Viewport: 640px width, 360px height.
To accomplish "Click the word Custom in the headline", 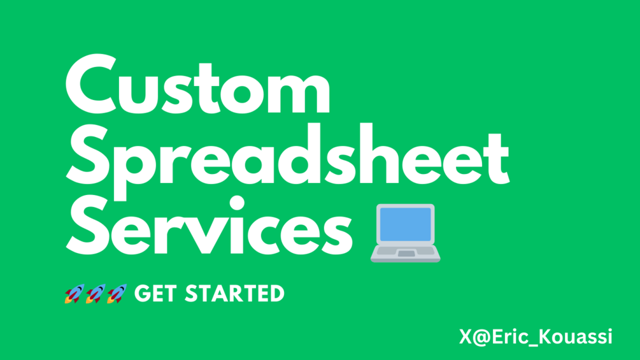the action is [x=198, y=85].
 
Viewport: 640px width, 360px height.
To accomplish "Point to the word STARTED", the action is [x=235, y=294].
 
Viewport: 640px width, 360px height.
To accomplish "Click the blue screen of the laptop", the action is [x=405, y=224].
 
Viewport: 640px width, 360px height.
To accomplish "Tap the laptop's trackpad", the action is [x=406, y=254].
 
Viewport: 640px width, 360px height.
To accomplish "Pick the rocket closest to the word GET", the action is [x=117, y=294].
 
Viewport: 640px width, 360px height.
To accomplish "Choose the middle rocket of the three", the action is [x=96, y=294].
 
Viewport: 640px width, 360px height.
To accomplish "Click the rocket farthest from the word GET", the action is [x=75, y=294].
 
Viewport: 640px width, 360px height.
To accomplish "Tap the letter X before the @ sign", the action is [x=466, y=336].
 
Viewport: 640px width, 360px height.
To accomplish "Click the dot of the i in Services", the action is [x=237, y=203].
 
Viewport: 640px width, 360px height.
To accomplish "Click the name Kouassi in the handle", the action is [x=576, y=336].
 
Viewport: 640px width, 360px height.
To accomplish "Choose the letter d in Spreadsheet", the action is [x=299, y=155].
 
